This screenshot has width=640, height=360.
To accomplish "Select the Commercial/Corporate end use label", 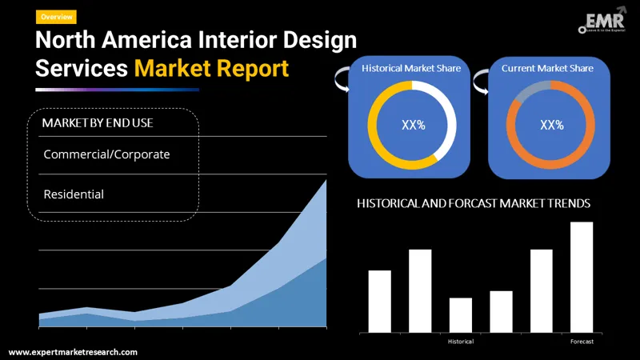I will (x=106, y=154).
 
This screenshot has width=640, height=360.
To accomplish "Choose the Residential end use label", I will (x=74, y=194).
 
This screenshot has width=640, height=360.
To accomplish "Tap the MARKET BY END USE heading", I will (x=98, y=122).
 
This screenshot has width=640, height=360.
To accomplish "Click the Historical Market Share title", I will (x=411, y=69).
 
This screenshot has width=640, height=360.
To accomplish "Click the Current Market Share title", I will (x=547, y=69).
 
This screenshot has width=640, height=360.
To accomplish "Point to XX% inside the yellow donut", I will (x=412, y=125).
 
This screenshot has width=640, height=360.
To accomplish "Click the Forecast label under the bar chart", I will (x=582, y=342).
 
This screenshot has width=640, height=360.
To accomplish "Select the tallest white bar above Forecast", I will (x=582, y=277).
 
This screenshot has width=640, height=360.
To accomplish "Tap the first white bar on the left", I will (x=380, y=301).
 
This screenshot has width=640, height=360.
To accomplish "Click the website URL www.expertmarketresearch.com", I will (x=73, y=352).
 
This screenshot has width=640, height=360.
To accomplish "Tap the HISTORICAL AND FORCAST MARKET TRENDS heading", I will (x=474, y=204).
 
